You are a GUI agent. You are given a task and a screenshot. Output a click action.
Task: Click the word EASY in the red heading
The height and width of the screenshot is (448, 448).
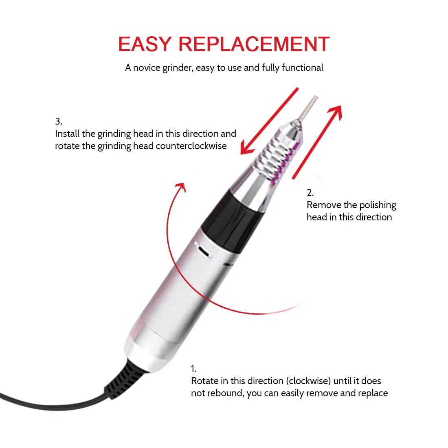145,44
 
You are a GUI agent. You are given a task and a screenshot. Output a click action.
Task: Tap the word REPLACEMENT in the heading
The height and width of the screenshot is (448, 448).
254,44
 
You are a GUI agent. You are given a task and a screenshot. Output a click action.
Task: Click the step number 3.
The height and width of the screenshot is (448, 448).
58,121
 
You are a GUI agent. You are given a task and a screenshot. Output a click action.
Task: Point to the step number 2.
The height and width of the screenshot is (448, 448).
310,193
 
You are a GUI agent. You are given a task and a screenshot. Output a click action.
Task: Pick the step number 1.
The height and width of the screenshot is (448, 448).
193,369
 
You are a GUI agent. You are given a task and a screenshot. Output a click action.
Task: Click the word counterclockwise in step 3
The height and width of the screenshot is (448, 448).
191,146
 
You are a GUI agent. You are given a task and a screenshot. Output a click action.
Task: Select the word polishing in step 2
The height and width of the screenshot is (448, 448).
378,205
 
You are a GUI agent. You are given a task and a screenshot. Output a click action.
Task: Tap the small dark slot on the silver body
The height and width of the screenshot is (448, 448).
203,251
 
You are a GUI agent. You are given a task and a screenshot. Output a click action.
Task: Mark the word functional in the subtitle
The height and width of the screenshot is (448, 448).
302,68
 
